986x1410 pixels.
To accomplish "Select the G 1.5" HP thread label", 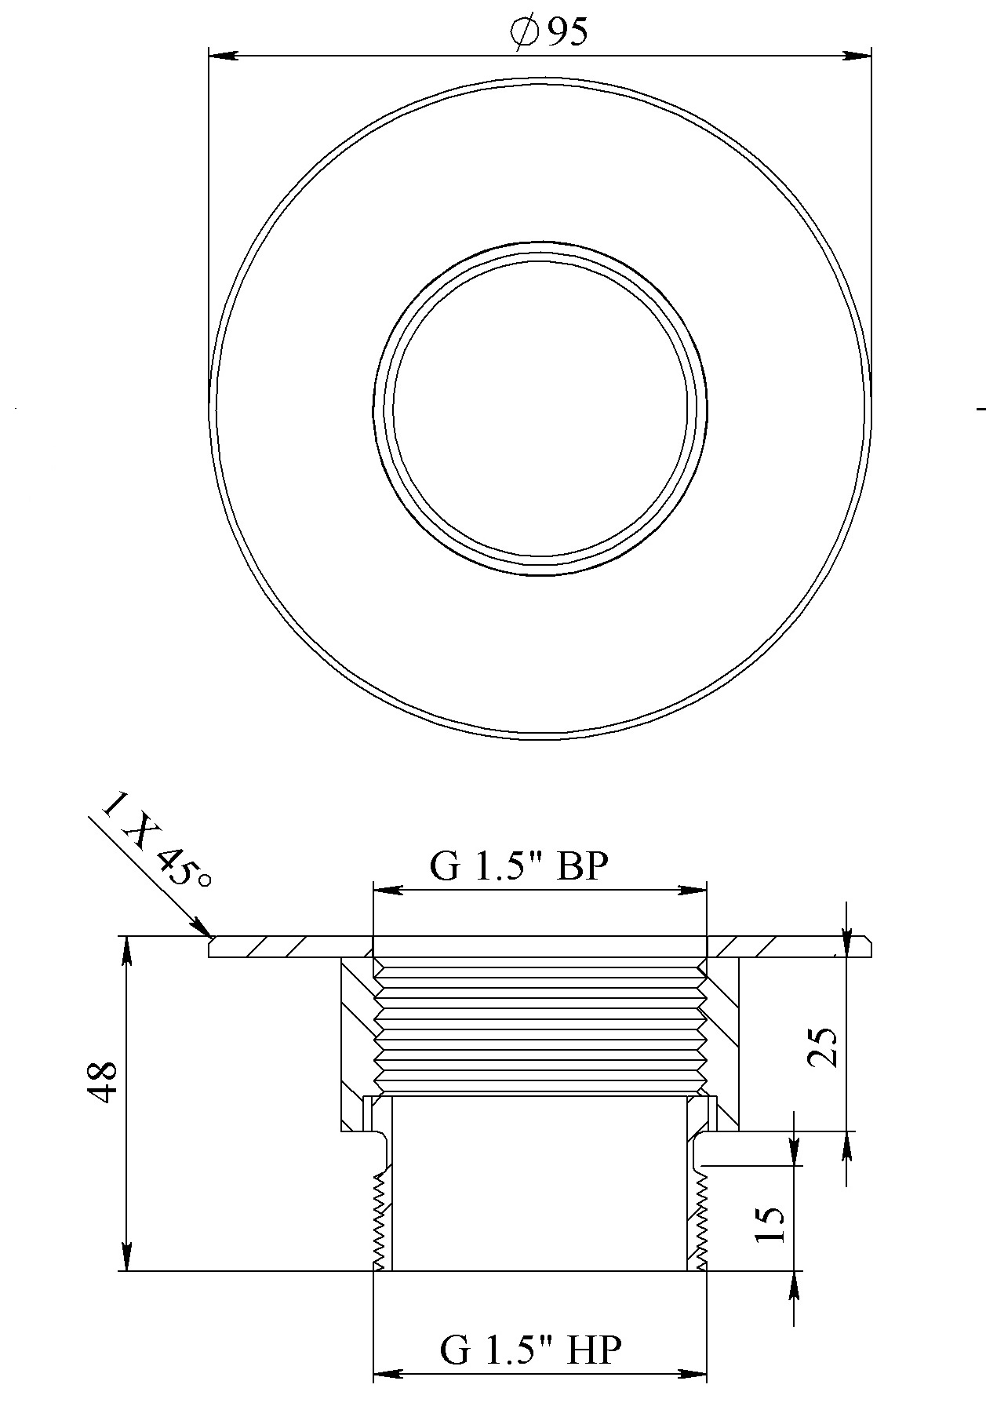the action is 531,1350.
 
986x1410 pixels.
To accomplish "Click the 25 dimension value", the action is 823,1047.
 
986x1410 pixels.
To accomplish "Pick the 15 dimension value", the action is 769,1224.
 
